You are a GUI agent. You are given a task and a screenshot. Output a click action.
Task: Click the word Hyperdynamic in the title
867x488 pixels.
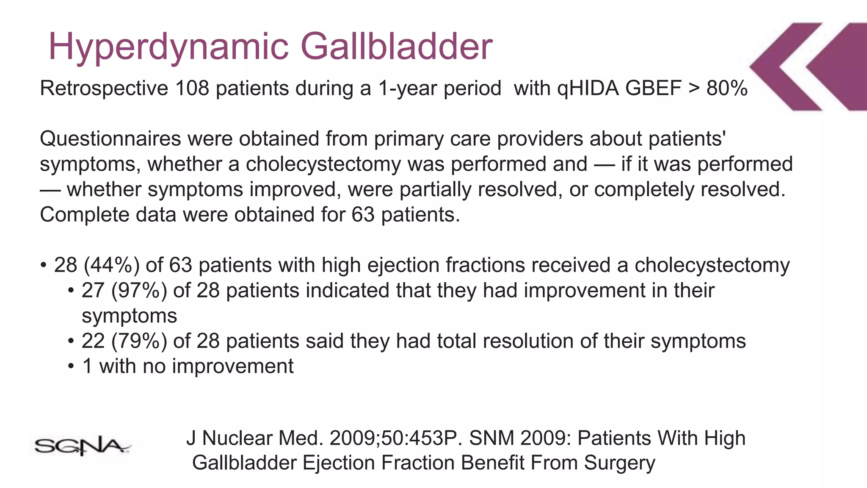(168, 47)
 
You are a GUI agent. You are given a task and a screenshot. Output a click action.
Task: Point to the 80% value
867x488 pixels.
(726, 88)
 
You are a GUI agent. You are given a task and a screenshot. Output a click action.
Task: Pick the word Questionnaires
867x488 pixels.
(110, 139)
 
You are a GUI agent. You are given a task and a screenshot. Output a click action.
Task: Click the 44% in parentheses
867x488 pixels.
(112, 265)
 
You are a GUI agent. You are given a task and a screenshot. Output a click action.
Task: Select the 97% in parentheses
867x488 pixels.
(139, 291)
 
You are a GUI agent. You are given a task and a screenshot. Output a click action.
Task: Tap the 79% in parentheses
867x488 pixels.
(139, 341)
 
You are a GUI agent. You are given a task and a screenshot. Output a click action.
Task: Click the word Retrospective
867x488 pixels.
(104, 89)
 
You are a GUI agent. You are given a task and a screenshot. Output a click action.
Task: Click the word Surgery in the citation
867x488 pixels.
(619, 463)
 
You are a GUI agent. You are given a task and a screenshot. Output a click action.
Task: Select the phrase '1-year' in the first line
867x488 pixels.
(407, 89)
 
